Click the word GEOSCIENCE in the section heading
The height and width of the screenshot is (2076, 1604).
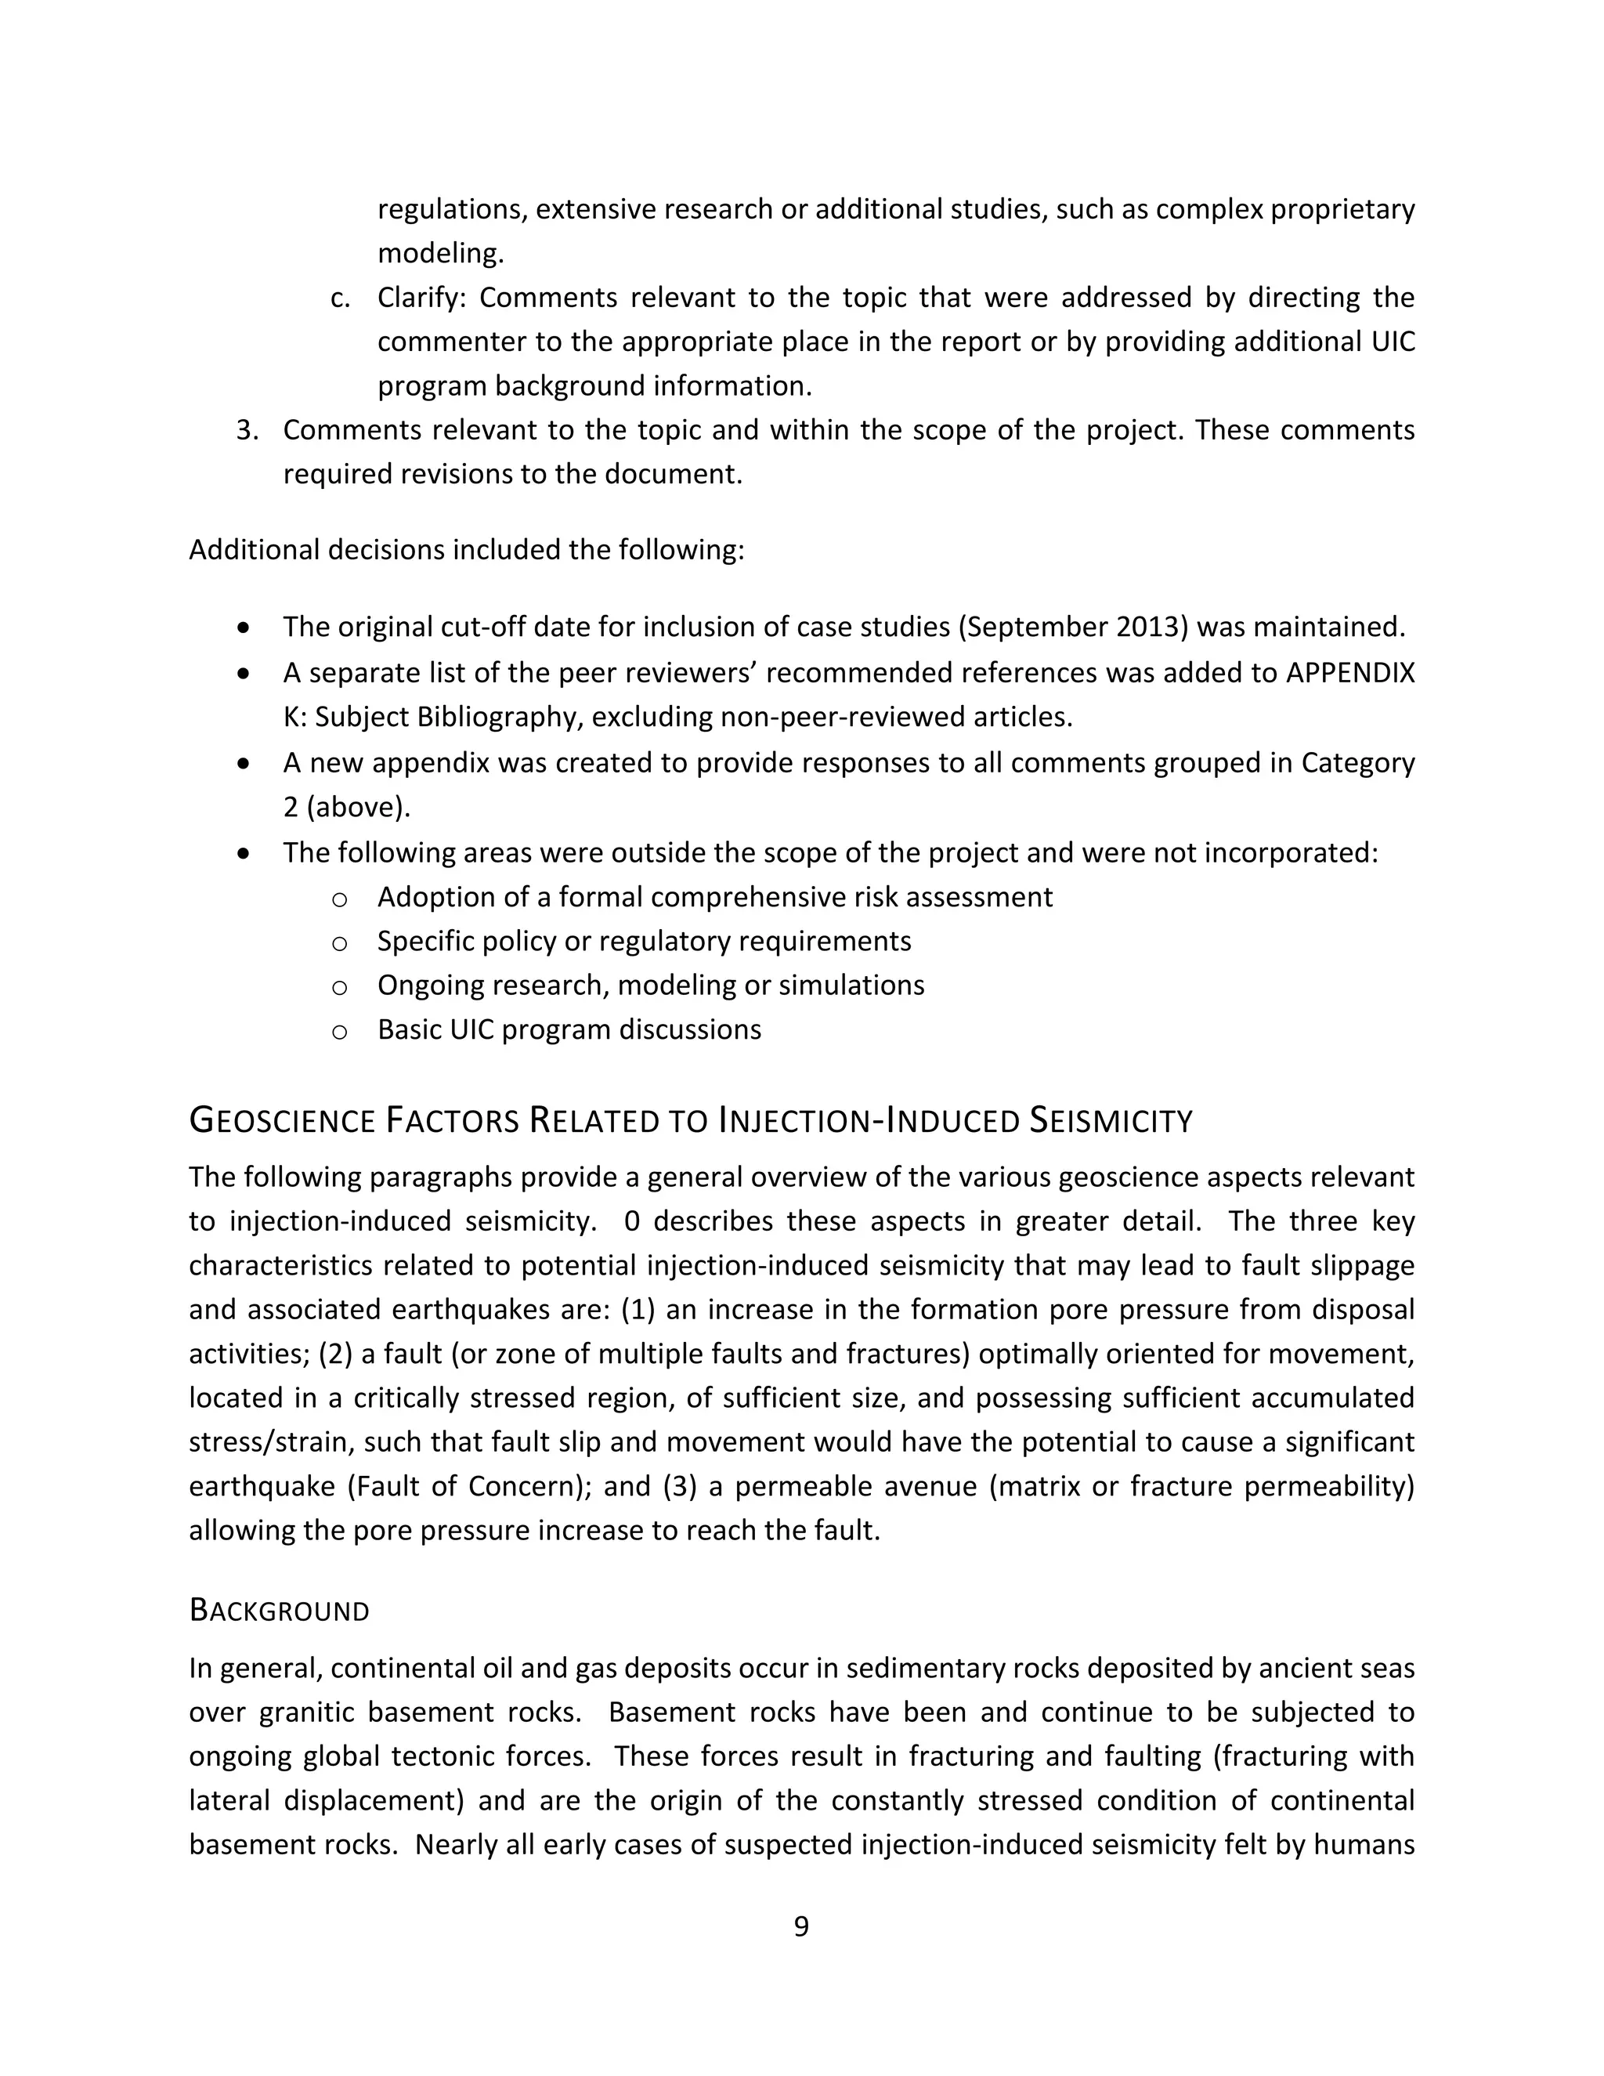[x=282, y=1122]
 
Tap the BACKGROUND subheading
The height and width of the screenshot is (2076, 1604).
[x=280, y=1610]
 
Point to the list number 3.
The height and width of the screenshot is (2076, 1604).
[x=247, y=431]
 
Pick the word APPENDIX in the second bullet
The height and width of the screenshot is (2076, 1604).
[x=1350, y=673]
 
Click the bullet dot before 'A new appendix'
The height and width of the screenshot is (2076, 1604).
[x=245, y=763]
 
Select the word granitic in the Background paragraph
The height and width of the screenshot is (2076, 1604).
[x=306, y=1712]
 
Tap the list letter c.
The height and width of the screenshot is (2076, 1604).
[x=339, y=298]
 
